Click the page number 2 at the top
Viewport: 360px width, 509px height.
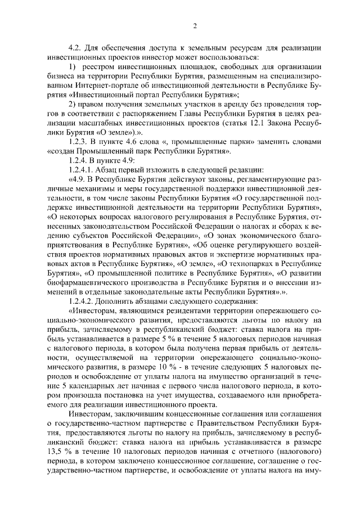(x=195, y=25)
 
